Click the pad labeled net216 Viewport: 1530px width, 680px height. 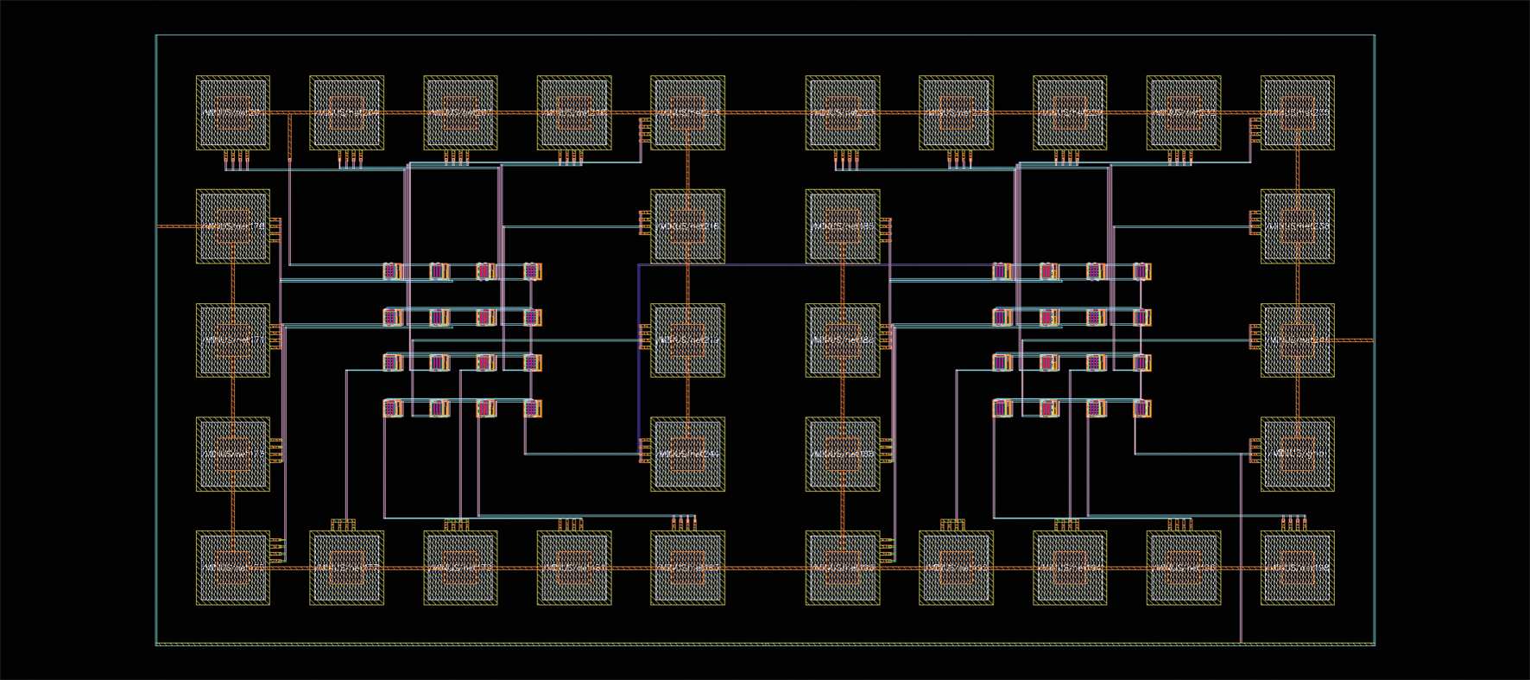(x=687, y=226)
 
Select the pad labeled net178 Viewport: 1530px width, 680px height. (x=233, y=226)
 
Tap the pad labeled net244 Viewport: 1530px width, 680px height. (x=687, y=454)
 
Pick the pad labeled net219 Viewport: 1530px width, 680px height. (x=687, y=340)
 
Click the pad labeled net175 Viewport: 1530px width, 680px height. (x=233, y=454)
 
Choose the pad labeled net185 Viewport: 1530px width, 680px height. (x=843, y=226)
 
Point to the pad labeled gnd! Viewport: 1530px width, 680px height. (x=1297, y=454)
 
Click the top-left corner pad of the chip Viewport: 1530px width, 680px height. (x=233, y=112)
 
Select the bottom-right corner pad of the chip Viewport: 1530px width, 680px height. (x=1297, y=568)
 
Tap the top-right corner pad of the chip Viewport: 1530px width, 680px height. (x=1297, y=112)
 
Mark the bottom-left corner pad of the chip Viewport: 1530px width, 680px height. (x=233, y=568)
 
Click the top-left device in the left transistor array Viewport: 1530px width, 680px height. (x=393, y=271)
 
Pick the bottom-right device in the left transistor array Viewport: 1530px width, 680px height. (x=533, y=408)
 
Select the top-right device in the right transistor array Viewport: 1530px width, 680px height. (x=1141, y=271)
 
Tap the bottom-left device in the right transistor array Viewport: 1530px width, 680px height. (x=1002, y=408)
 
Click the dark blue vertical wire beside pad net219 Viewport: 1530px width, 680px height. (x=639, y=354)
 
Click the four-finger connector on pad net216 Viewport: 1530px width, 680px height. (x=644, y=223)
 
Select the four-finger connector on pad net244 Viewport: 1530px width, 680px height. (x=644, y=450)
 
